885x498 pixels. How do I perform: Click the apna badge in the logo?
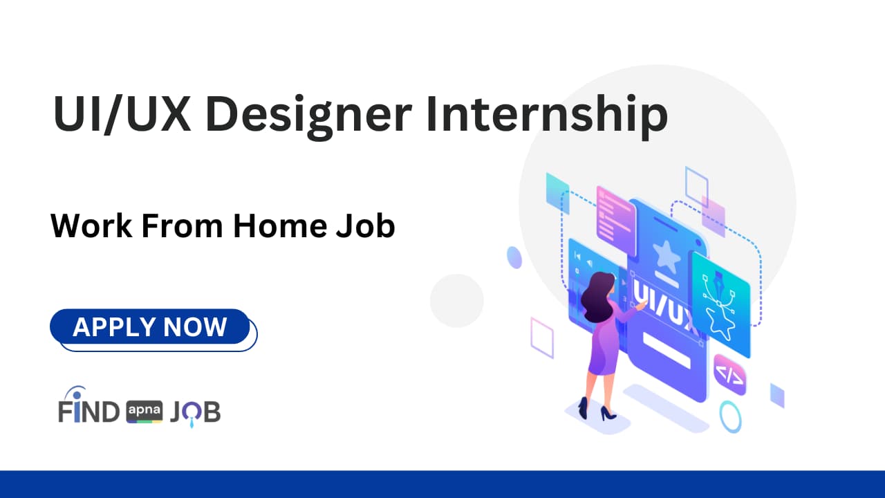click(x=145, y=412)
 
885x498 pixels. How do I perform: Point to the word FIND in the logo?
click(x=88, y=412)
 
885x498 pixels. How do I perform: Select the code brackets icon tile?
click(x=729, y=375)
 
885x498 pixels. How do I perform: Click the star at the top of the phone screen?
click(x=667, y=256)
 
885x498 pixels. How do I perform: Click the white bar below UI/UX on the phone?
click(x=667, y=351)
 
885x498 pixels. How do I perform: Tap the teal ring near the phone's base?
click(x=730, y=417)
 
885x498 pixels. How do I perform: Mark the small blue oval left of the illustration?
click(x=514, y=257)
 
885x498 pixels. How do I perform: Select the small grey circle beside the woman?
click(x=456, y=300)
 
